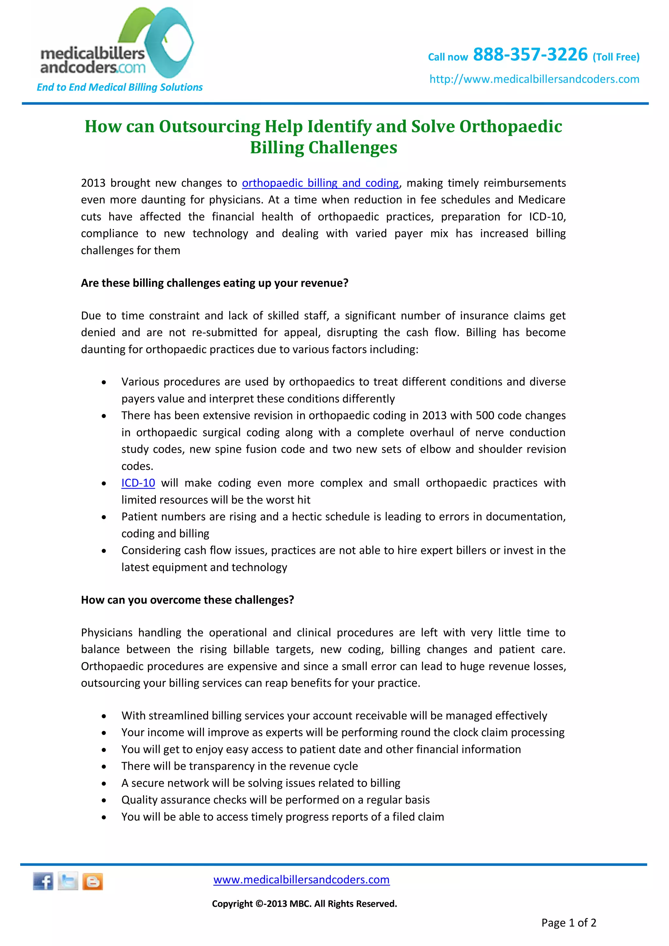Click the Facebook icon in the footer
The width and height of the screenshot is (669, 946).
(43, 881)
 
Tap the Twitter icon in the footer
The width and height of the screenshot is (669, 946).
(68, 881)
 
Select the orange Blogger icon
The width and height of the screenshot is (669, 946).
(93, 881)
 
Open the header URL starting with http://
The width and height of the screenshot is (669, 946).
(534, 79)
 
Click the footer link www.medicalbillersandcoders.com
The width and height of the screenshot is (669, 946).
(301, 880)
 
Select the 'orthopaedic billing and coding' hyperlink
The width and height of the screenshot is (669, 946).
(320, 183)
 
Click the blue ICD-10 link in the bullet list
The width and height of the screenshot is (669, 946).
(138, 483)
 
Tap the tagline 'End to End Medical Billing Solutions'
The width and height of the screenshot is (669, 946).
(120, 87)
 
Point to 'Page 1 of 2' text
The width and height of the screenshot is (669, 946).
(568, 922)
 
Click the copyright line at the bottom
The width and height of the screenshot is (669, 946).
(304, 904)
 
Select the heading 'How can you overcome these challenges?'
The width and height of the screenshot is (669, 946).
(188, 600)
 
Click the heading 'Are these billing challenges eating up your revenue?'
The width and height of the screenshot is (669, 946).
(215, 283)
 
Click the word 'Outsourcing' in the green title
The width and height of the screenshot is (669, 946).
(210, 126)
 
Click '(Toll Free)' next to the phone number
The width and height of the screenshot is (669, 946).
(616, 57)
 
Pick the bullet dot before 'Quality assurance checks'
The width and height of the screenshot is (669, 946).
(104, 800)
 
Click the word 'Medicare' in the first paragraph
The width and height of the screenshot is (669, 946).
(541, 200)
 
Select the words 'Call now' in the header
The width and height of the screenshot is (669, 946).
(448, 57)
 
